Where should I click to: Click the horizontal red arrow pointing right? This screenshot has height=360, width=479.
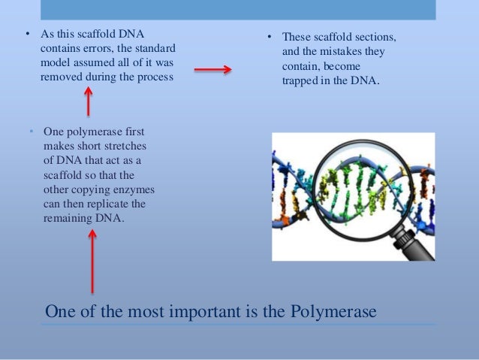212,70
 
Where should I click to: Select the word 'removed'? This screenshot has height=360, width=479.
60,75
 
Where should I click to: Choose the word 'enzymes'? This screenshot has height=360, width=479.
147,189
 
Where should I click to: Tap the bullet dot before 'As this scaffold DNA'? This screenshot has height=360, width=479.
27,35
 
